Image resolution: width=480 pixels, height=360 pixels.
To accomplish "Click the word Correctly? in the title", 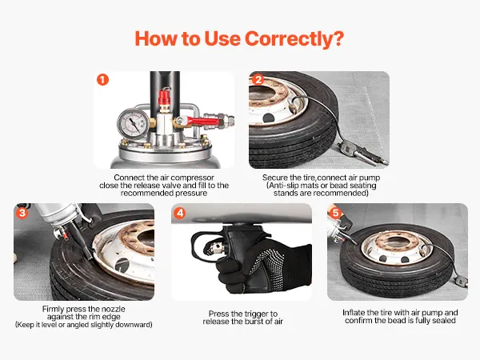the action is tap(294, 39).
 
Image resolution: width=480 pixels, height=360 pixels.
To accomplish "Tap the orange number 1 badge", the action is tap(103, 80).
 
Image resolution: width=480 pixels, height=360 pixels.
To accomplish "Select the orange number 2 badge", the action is tap(258, 80).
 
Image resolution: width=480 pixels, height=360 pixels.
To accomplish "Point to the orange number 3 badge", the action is tap(22, 213).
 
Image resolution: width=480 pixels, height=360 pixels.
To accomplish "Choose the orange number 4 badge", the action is tap(180, 213).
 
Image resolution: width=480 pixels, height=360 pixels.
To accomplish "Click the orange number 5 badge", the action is tap(335, 213).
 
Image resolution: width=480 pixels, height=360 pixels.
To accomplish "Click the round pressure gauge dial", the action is tap(134, 124).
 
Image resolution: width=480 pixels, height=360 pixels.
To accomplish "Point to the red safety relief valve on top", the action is tap(164, 98).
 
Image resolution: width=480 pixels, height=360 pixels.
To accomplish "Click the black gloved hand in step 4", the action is tap(263, 265).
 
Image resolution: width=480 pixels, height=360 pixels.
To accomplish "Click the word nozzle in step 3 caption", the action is tap(113, 309).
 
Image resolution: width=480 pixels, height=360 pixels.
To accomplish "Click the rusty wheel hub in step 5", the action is tap(397, 243).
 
